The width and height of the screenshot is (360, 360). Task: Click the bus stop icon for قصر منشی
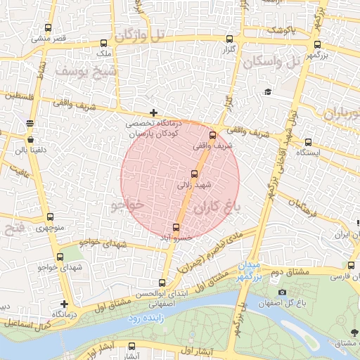coord(48,28)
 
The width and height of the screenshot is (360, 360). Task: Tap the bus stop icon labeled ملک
coord(104,43)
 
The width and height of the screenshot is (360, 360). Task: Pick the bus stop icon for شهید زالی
coord(194,174)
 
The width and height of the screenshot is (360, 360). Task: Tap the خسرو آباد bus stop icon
coord(176,227)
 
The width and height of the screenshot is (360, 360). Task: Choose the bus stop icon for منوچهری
coord(49,217)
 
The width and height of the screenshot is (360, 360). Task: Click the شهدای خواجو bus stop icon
coord(49,257)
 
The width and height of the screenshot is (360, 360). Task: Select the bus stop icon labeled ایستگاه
coord(308,141)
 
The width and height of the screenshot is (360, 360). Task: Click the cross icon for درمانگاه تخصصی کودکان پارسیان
coord(154,112)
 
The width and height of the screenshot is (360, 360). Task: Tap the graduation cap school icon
coord(267,92)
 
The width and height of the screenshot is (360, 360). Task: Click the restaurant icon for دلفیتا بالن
coord(30,123)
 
